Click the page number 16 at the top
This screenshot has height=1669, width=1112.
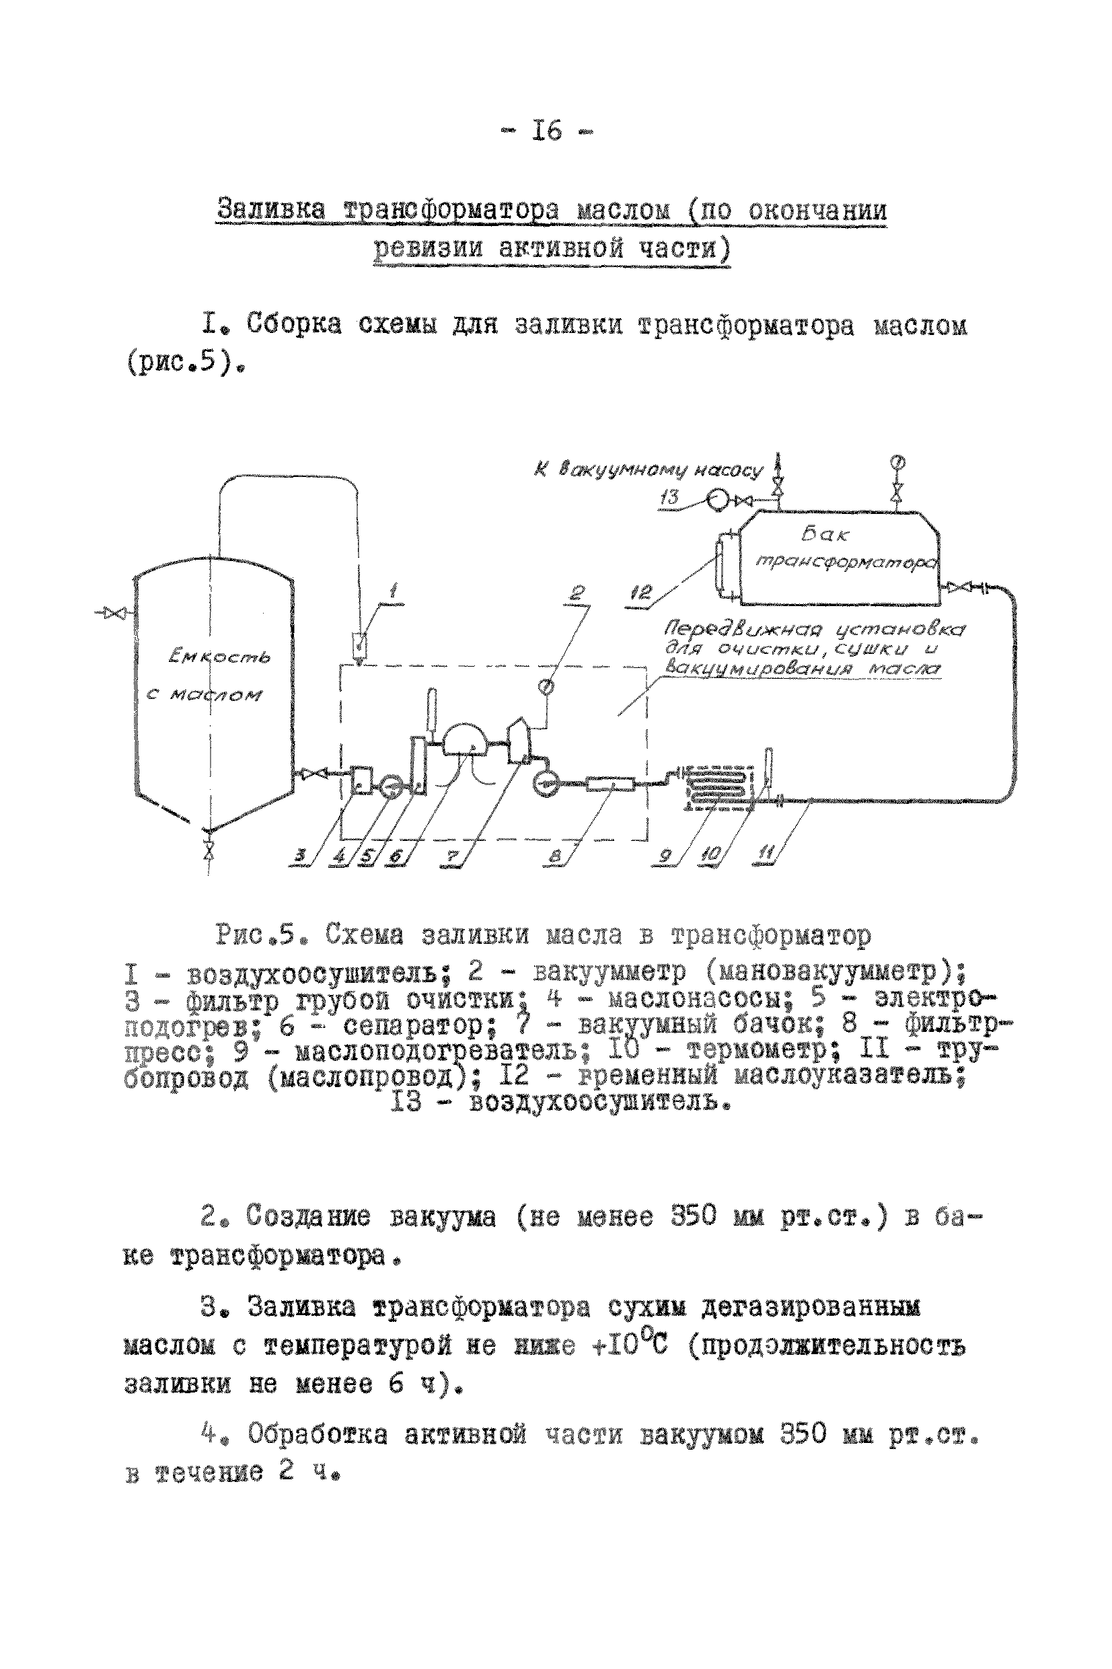coord(547,131)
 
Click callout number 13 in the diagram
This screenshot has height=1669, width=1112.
coord(669,497)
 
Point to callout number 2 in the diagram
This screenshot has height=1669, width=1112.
coord(578,592)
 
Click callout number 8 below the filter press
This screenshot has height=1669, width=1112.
coord(555,857)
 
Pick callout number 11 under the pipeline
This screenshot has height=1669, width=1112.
coord(766,856)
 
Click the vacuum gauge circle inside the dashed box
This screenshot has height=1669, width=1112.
coord(546,686)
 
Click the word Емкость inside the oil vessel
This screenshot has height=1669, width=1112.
coord(219,658)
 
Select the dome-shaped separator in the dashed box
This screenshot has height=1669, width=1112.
coord(465,739)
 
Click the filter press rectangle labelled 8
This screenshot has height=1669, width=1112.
coord(611,784)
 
